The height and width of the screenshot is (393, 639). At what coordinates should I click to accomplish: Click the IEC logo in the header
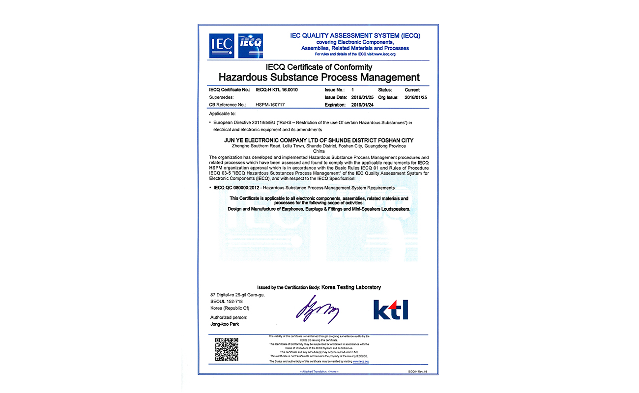(x=222, y=46)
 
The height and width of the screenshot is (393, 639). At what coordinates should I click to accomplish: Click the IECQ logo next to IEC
(x=250, y=46)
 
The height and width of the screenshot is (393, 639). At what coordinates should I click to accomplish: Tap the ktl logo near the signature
(x=390, y=309)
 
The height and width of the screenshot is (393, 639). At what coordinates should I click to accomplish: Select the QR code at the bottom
(x=227, y=349)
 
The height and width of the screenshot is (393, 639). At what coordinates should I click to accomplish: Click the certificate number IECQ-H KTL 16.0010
(x=277, y=90)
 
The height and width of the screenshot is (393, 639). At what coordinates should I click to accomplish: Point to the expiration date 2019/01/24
(x=363, y=105)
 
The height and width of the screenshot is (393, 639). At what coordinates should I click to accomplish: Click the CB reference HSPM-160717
(x=270, y=105)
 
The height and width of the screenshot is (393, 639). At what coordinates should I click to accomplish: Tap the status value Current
(x=412, y=90)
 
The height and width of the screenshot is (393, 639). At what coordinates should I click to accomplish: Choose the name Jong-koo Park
(x=225, y=324)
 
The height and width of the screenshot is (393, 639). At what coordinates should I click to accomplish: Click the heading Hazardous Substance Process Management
(x=319, y=77)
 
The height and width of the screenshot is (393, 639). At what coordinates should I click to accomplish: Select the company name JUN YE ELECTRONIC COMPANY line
(x=319, y=140)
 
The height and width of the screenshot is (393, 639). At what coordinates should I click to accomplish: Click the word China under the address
(x=319, y=151)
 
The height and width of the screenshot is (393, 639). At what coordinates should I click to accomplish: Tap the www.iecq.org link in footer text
(x=360, y=361)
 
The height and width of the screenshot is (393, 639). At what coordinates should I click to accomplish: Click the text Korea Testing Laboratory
(x=351, y=287)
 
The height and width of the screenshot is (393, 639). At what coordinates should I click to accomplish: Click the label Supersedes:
(x=221, y=97)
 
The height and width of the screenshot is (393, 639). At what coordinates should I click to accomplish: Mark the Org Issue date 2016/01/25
(x=416, y=97)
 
